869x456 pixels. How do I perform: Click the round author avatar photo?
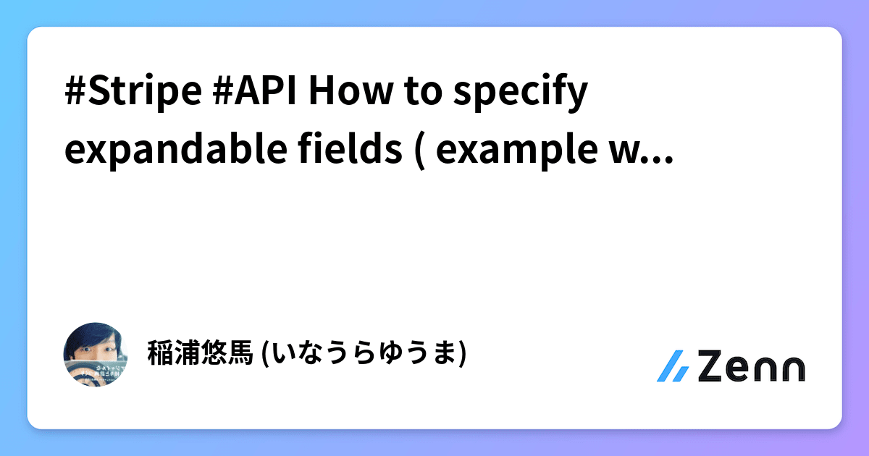96,354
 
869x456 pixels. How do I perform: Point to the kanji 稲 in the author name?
158,354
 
